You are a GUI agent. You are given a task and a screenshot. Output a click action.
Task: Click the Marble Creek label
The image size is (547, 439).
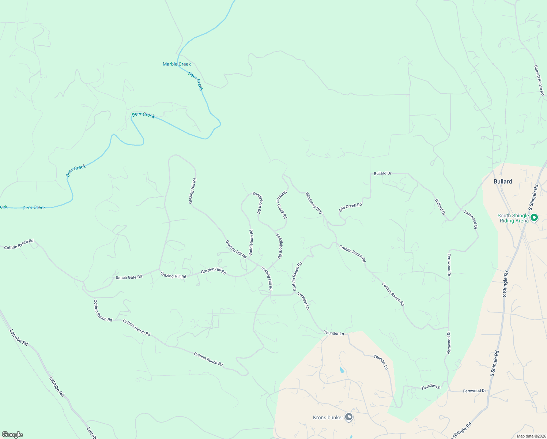point(177,64)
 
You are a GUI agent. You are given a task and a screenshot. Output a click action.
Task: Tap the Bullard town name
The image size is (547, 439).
point(503,181)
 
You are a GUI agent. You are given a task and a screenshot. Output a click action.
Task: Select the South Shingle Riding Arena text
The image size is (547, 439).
point(513,218)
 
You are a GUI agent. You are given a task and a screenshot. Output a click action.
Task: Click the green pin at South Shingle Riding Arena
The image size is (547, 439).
point(534,218)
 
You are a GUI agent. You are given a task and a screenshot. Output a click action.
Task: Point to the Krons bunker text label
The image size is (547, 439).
point(328,417)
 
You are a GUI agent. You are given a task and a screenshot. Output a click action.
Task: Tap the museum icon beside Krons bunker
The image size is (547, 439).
point(349,417)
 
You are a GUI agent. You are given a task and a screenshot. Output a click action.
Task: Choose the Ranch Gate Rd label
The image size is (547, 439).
point(129,277)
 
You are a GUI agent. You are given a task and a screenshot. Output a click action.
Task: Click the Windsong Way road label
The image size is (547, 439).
point(314,203)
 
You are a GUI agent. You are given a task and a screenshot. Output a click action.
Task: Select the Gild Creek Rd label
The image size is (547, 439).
point(350,207)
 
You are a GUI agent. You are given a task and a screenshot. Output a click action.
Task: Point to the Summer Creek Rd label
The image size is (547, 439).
point(281,205)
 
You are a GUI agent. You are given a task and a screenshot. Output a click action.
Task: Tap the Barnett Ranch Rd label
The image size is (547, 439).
point(539,80)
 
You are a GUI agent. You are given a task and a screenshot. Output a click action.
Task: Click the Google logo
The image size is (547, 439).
point(12,435)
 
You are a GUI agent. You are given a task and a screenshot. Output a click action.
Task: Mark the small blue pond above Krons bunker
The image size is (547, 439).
point(342,369)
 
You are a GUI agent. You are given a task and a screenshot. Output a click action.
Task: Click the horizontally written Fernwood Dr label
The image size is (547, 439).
point(474,391)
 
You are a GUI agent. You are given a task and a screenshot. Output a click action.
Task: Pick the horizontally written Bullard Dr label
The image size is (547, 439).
point(382,173)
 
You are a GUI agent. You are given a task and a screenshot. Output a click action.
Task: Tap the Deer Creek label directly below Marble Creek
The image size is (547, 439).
point(195,81)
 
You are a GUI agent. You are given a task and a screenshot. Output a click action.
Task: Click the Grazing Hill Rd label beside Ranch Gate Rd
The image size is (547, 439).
point(173,276)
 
